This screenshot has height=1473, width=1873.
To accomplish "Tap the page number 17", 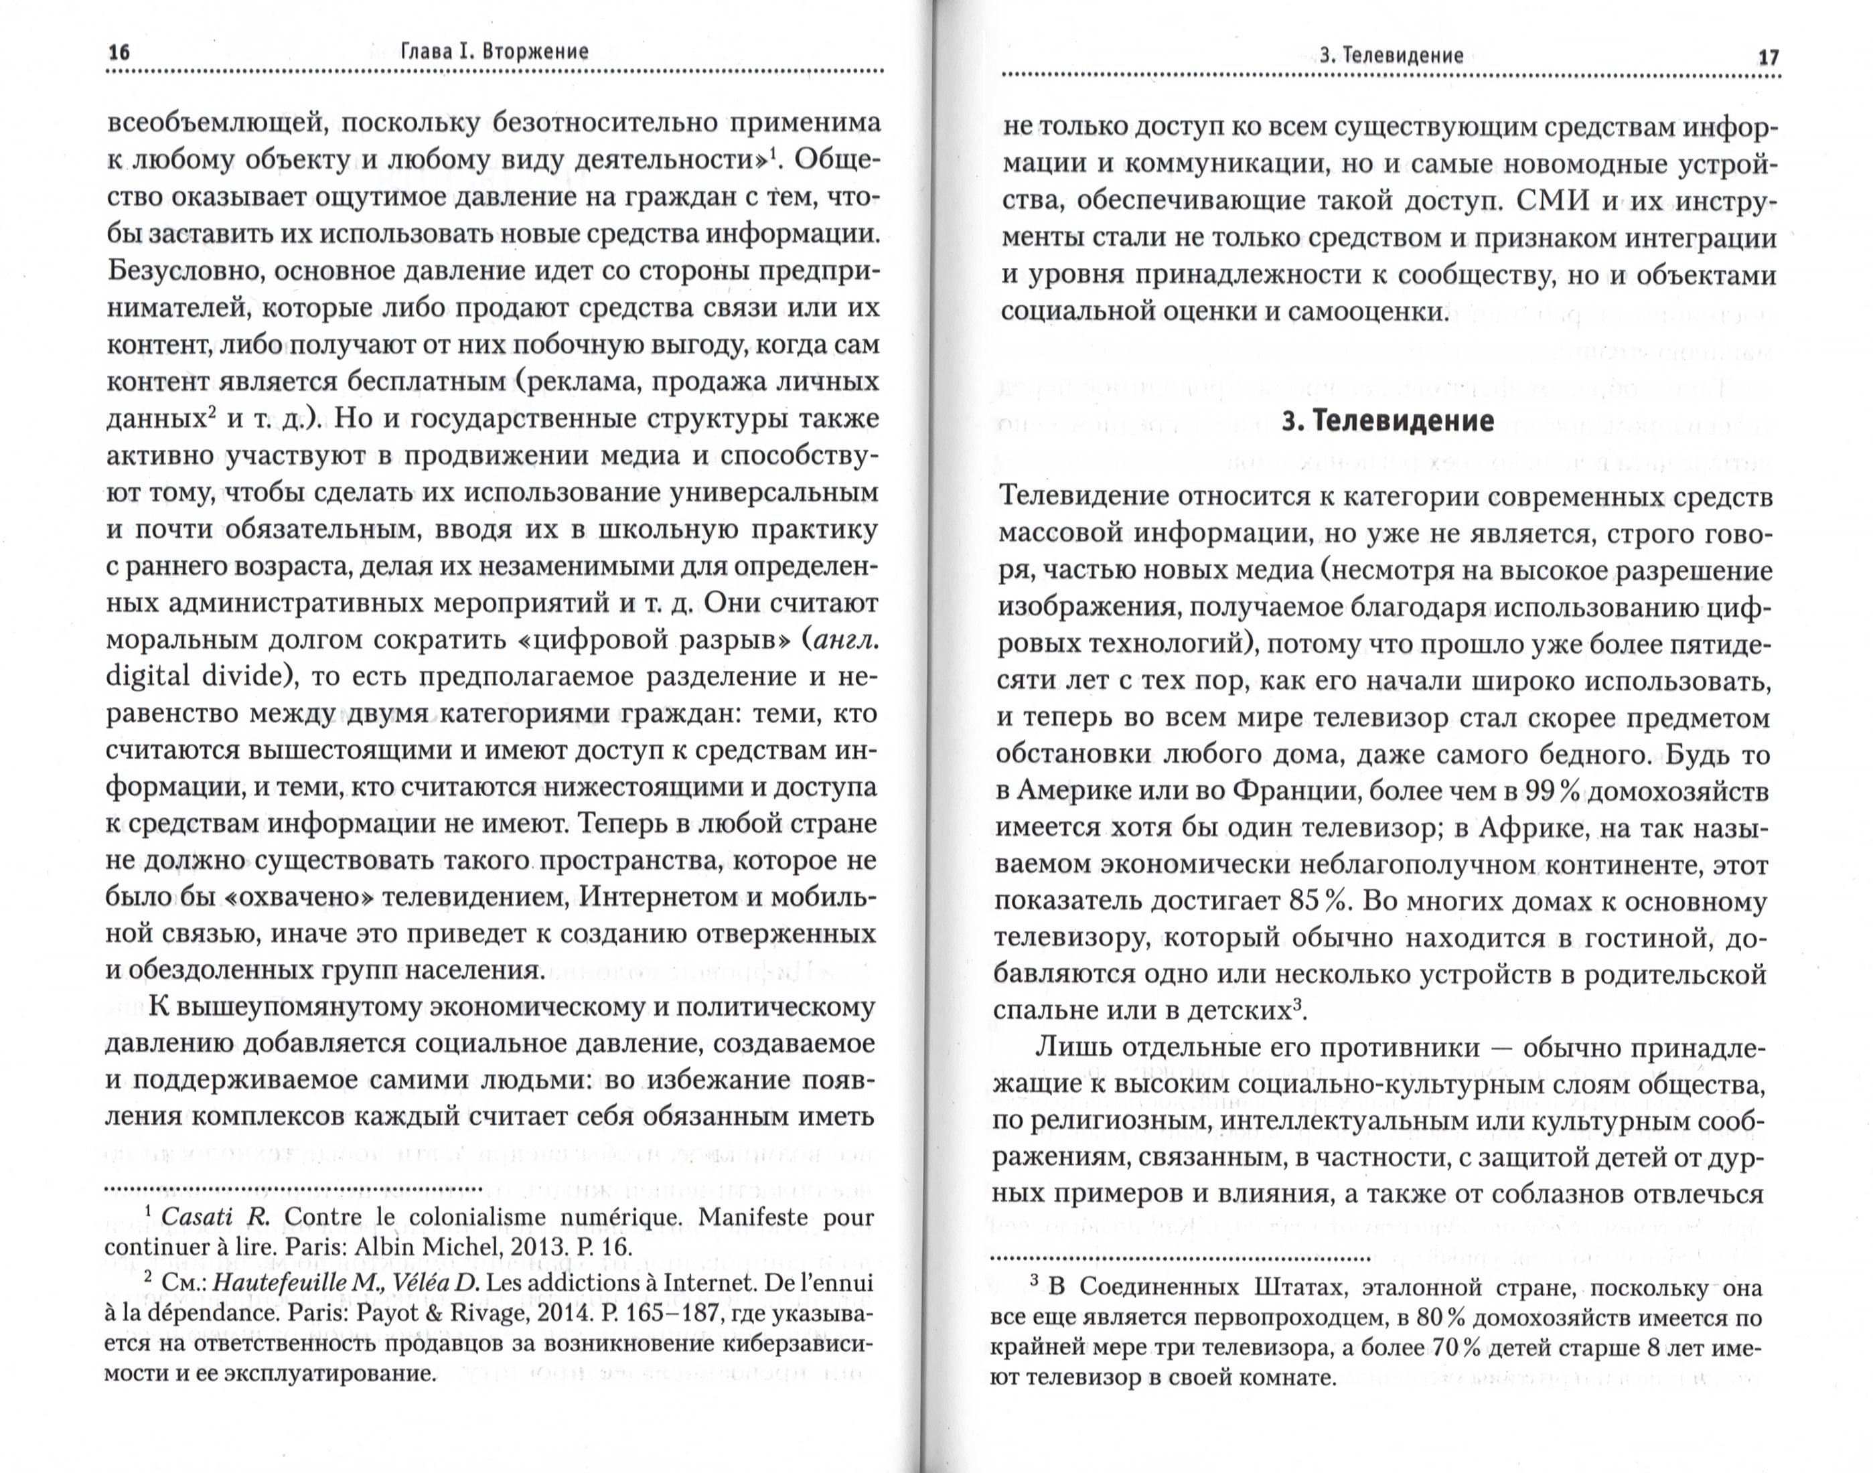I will (1768, 57).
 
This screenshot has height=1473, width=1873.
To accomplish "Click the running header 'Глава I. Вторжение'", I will (495, 52).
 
